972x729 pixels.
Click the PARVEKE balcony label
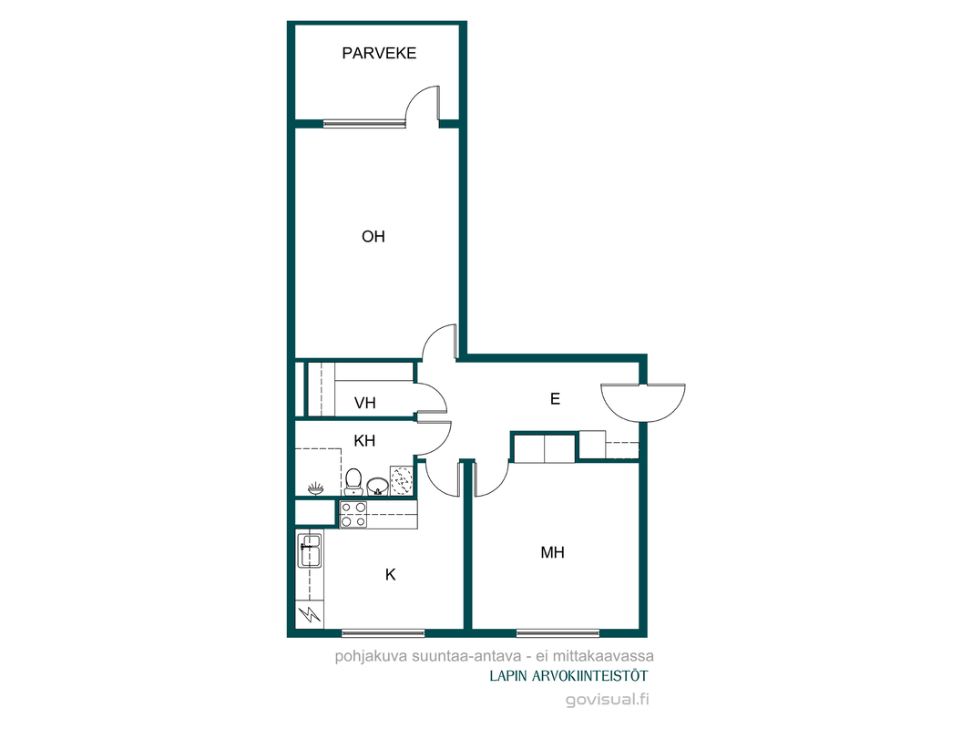point(379,54)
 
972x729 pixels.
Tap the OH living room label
point(373,236)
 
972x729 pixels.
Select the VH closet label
point(365,403)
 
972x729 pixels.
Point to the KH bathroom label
point(364,441)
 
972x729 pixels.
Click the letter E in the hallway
point(555,398)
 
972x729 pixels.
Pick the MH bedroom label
point(552,552)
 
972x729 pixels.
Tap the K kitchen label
point(391,575)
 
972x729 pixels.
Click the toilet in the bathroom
point(353,482)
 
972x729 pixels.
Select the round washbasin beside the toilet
point(377,486)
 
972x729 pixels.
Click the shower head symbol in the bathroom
point(315,488)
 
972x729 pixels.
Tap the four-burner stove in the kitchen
point(353,515)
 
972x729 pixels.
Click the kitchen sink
point(310,550)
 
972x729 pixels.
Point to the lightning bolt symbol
point(310,614)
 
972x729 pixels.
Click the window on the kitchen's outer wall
point(384,633)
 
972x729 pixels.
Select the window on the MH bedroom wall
point(558,633)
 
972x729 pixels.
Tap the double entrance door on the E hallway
point(643,403)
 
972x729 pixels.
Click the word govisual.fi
point(607,700)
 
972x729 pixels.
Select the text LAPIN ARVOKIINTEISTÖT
point(568,675)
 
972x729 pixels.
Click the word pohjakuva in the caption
point(364,656)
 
